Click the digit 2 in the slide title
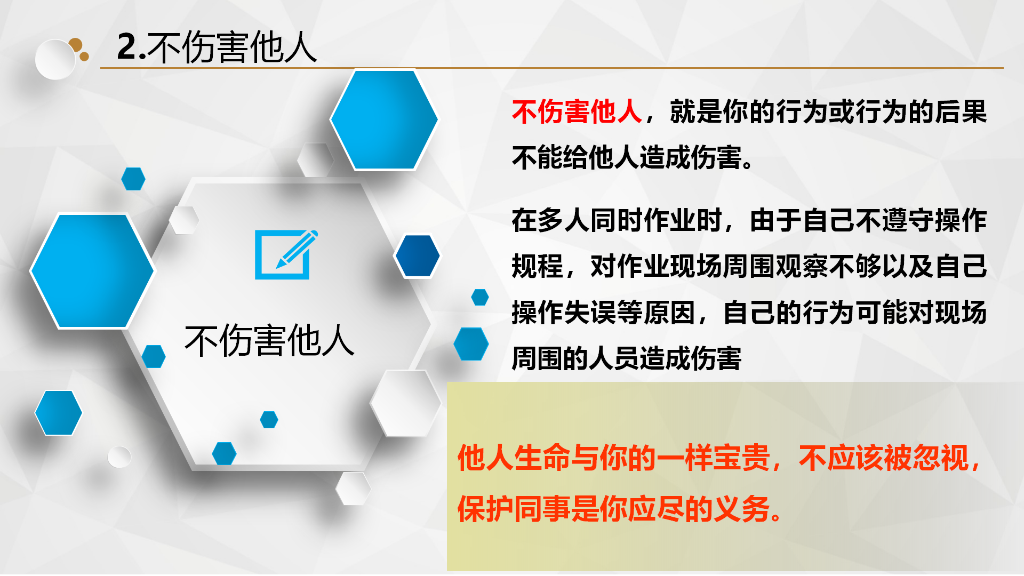click(x=127, y=47)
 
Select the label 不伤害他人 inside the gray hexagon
click(x=269, y=340)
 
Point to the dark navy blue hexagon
click(x=418, y=256)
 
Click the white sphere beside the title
click(x=55, y=60)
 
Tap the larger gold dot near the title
click(x=75, y=45)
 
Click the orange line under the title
click(x=552, y=68)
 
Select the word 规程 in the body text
click(x=538, y=267)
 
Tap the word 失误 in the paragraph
click(x=590, y=313)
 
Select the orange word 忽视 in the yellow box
click(x=941, y=458)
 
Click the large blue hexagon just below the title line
click(x=384, y=120)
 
